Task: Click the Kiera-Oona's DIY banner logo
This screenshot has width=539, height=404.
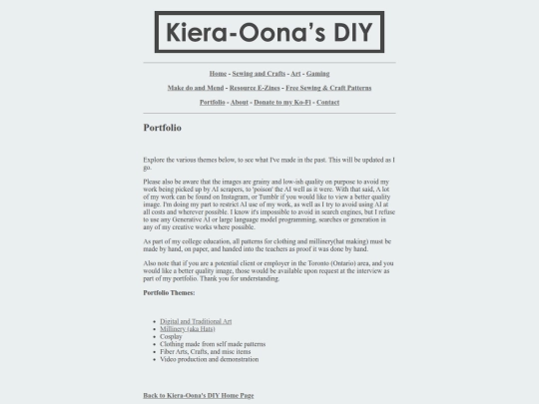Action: [269, 31]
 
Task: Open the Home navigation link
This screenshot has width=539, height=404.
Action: [218, 74]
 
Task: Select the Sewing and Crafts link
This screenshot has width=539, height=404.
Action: [258, 74]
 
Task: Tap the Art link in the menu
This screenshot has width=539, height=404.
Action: [295, 74]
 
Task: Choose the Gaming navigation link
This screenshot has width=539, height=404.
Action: [317, 74]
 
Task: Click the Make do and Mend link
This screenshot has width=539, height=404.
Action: [197, 88]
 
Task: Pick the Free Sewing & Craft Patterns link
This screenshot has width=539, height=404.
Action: [328, 88]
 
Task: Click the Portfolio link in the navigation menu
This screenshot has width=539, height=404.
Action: [212, 102]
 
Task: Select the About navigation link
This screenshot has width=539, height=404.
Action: [239, 102]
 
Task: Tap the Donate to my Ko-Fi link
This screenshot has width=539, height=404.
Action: [281, 102]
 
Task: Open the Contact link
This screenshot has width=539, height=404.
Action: [327, 102]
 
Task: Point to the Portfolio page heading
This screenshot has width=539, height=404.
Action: [163, 129]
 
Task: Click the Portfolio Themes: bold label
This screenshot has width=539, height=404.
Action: [169, 292]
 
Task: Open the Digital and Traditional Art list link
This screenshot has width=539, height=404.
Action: [196, 321]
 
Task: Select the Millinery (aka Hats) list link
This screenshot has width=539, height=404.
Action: [188, 328]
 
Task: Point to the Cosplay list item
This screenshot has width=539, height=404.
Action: [173, 336]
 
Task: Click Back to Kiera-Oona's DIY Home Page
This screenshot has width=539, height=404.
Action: [199, 395]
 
